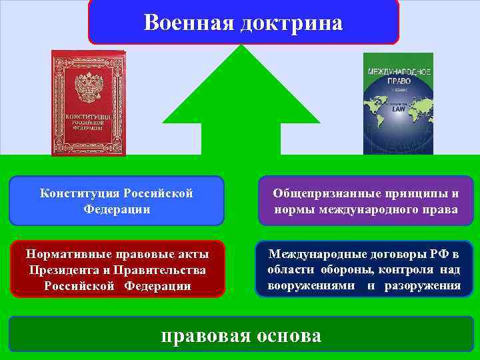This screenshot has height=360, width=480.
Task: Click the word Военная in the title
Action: (x=185, y=23)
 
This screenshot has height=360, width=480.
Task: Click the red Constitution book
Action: (x=88, y=103)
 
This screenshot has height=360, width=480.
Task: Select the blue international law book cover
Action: (x=398, y=103)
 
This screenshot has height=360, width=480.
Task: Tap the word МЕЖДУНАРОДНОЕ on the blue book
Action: (x=398, y=71)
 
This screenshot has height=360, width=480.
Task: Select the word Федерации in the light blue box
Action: (x=117, y=209)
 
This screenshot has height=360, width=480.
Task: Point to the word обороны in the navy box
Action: (x=347, y=270)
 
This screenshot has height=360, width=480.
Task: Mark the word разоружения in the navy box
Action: (x=423, y=286)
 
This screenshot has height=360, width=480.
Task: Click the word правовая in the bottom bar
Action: (x=204, y=335)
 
